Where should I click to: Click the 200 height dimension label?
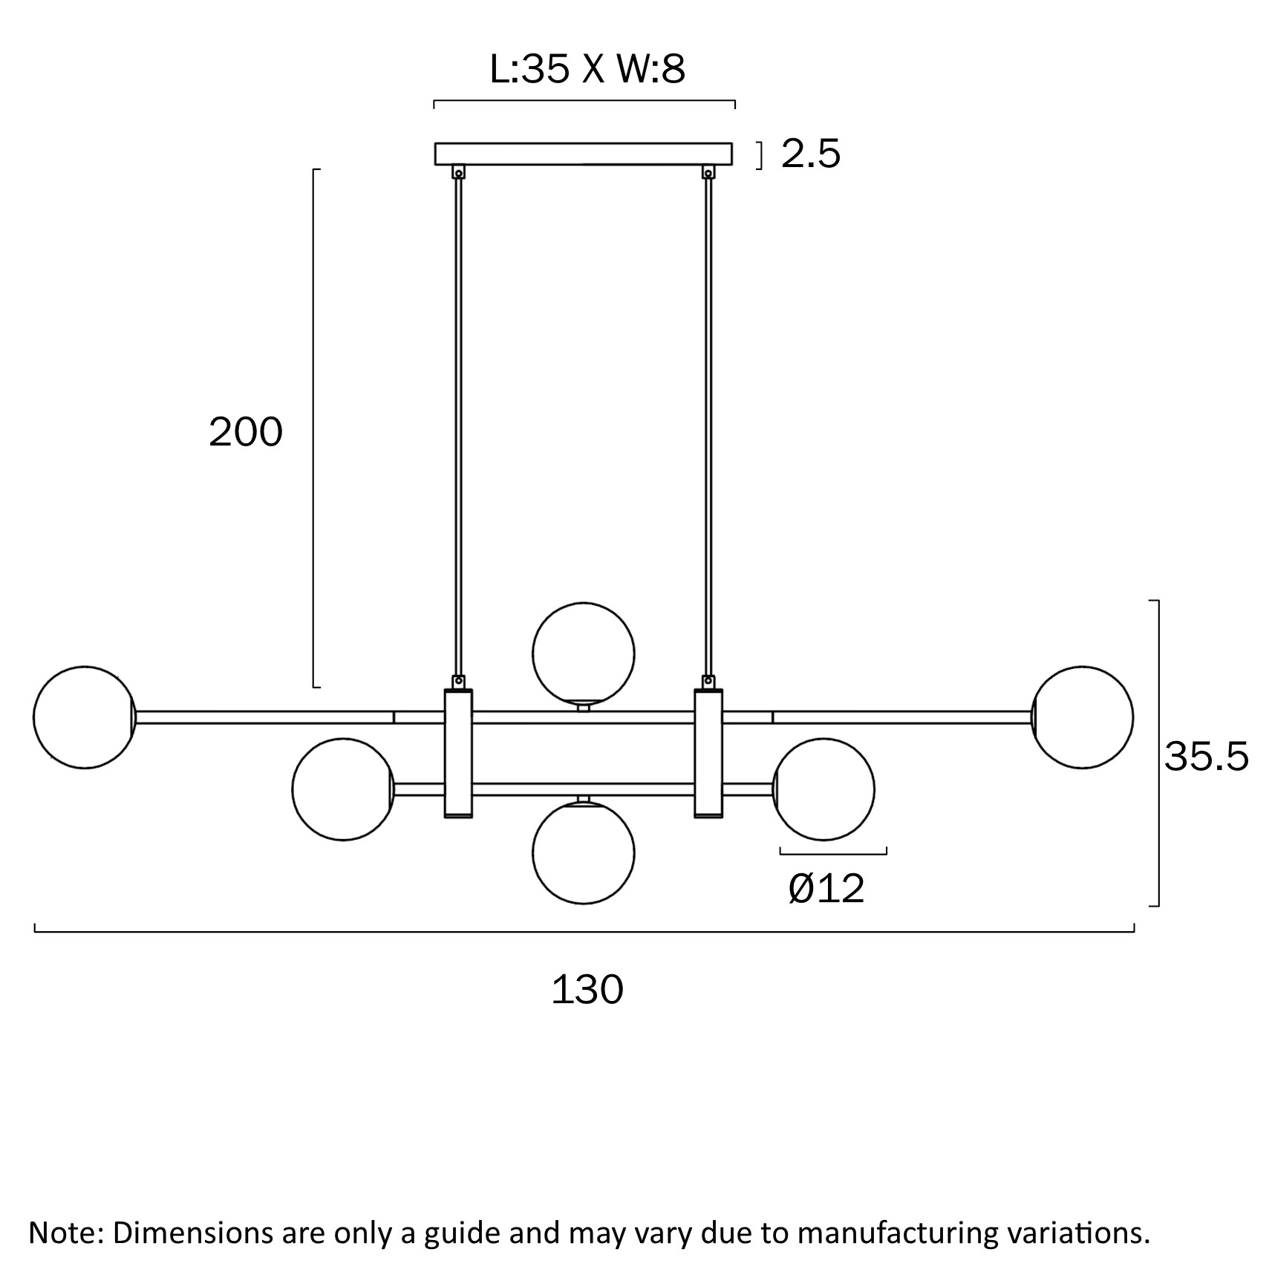246,432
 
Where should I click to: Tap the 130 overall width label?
587,990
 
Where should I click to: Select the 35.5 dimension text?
1206,757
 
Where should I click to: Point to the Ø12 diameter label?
826,888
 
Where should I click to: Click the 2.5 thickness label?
810,154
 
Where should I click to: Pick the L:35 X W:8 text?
587,70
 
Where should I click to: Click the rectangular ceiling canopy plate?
583,154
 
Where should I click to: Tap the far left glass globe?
84,717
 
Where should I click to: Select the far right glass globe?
1083,717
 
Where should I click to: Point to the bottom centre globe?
583,853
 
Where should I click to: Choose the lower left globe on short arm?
342,789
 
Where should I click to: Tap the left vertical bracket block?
458,753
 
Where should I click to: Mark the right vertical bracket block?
708,753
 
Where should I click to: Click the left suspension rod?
459,423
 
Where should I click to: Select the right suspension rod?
708,423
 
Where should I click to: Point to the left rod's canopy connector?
459,172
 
